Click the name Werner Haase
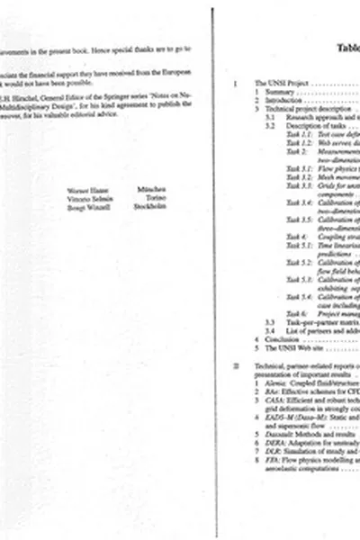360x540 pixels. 85,190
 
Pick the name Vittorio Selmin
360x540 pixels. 87,198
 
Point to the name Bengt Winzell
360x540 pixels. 85,207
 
